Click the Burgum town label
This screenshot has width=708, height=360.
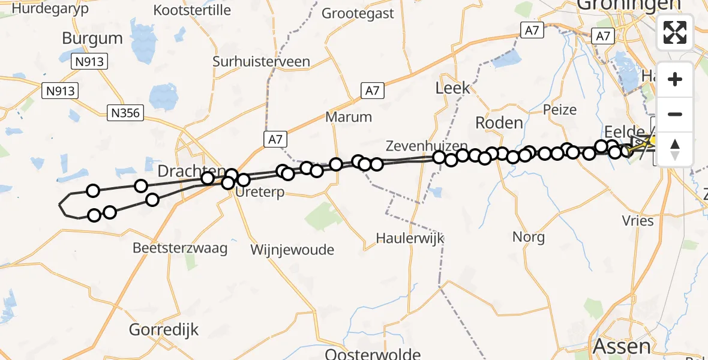pos(92,38)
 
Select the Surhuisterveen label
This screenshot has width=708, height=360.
pos(261,61)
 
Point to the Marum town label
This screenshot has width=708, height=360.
pos(349,116)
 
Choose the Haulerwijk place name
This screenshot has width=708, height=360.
pos(410,238)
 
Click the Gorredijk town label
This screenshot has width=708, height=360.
pos(164,329)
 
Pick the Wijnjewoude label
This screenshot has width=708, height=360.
pos(292,249)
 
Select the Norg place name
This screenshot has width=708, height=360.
pos(529,236)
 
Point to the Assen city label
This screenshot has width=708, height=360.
pos(621,346)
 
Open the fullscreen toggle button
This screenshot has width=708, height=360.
pos(675,32)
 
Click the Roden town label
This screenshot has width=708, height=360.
pos(499,122)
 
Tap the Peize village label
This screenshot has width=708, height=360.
pos(559,109)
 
